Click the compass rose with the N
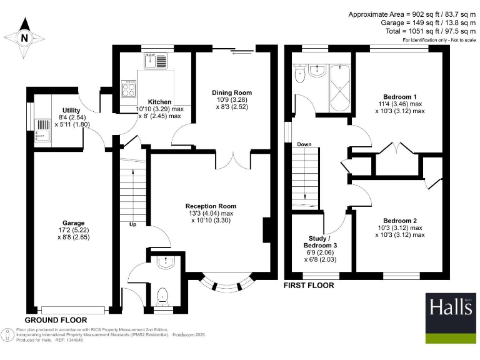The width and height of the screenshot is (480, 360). coord(24,37)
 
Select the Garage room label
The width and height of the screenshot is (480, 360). coord(73,222)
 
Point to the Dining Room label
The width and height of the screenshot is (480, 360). coord(232,92)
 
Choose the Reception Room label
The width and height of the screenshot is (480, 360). coord(211,206)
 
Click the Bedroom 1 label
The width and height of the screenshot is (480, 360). coord(399,97)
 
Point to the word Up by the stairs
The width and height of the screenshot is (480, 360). coord(132,224)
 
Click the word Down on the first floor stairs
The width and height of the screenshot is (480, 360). coord(304,144)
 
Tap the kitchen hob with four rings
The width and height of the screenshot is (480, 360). coord(129,88)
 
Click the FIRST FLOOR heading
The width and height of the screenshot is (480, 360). coord(309,286)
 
